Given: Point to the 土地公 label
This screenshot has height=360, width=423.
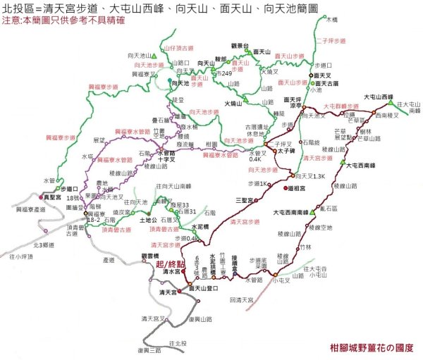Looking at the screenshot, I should click(149, 220).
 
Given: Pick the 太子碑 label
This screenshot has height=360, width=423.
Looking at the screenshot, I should click(286, 150).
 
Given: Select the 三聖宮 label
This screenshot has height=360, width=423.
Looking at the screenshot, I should click(246, 200).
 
